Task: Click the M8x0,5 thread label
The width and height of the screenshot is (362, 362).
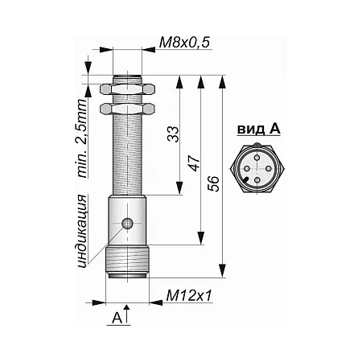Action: click(184, 43)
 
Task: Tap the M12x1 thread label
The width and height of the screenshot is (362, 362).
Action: click(189, 296)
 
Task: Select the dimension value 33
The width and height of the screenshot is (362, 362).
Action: click(173, 134)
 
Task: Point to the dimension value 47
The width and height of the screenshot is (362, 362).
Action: click(195, 163)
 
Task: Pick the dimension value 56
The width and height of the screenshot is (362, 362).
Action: click(214, 183)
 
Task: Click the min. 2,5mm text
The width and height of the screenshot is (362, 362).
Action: click(82, 138)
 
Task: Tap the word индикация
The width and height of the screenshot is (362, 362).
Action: click(82, 232)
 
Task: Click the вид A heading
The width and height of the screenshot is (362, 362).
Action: click(259, 130)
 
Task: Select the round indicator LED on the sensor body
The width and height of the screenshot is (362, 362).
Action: click(127, 223)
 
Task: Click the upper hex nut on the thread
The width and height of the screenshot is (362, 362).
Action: click(127, 89)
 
